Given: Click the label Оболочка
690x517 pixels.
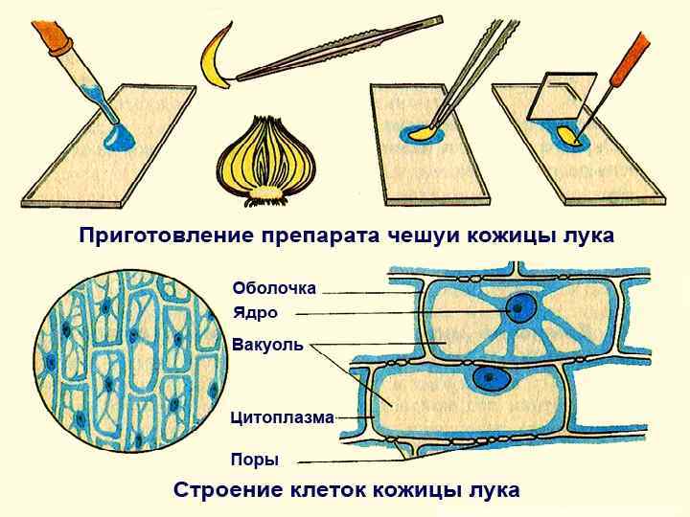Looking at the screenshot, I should pyautogui.click(x=274, y=287).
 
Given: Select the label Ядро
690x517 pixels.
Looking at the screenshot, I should pyautogui.click(x=255, y=313).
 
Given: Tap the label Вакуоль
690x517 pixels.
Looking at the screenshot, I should pyautogui.click(x=267, y=346).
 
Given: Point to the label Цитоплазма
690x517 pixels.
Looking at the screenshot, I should pyautogui.click(x=282, y=417).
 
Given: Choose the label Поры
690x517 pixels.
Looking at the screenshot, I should pyautogui.click(x=255, y=460).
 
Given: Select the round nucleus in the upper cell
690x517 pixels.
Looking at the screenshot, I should pyautogui.click(x=522, y=308).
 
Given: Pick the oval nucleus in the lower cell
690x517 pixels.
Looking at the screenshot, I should pyautogui.click(x=493, y=378).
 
